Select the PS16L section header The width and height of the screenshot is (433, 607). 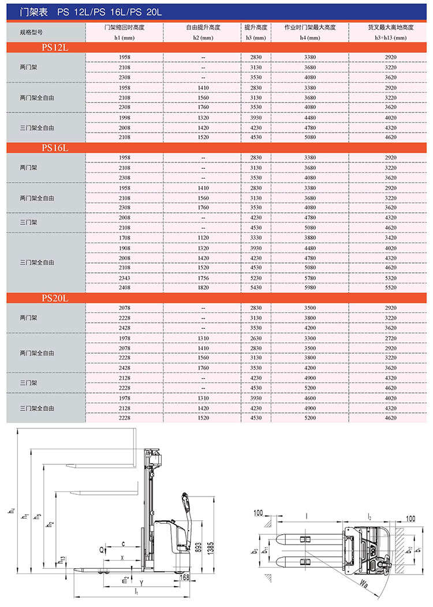(x=55, y=148)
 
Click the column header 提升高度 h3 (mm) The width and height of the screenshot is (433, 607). (x=255, y=32)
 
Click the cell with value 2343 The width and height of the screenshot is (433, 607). (x=124, y=277)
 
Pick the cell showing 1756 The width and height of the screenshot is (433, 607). (x=203, y=277)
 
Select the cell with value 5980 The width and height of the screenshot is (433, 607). (x=310, y=287)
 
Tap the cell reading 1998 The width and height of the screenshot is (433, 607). (x=124, y=117)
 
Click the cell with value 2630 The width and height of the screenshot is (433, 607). (x=255, y=338)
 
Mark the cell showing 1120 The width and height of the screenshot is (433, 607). (x=203, y=238)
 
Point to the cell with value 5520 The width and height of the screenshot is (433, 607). (x=391, y=287)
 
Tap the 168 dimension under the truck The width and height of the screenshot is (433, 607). (x=184, y=577)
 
